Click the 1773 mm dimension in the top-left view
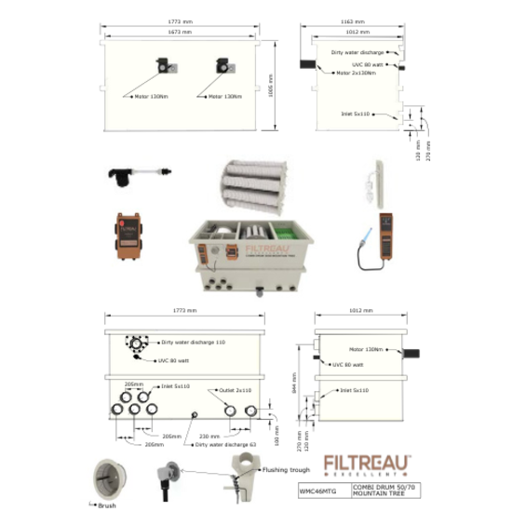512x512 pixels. pos(182,20)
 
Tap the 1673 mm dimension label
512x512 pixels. pos(182,32)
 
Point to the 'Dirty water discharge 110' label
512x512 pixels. pos(193,343)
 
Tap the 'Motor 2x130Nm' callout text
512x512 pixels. pos(356,72)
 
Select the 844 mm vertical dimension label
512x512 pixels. pos(296,397)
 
